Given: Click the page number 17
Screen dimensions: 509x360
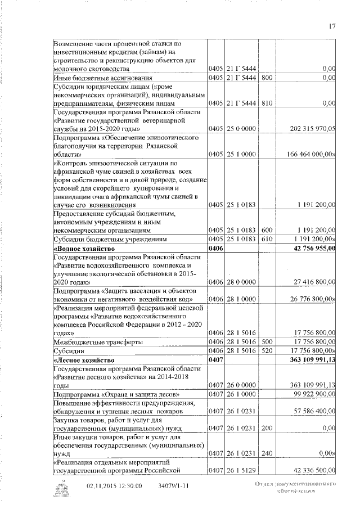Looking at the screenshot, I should [x=332, y=25].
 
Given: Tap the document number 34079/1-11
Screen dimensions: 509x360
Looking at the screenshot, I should [x=172, y=485].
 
